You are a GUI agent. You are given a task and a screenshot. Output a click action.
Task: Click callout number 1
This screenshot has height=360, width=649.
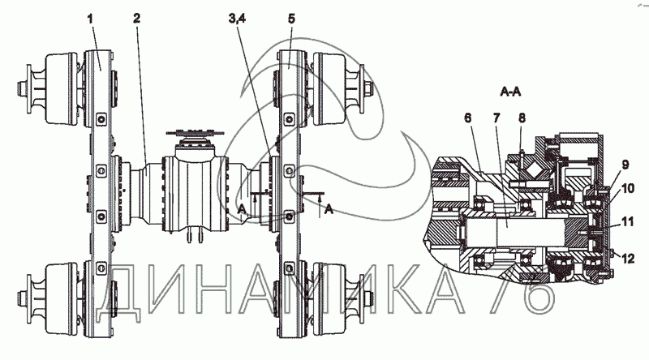[91, 19]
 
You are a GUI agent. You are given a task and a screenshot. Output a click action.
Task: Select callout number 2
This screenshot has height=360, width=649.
[136, 19]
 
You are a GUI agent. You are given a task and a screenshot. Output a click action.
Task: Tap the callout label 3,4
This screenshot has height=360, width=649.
[237, 19]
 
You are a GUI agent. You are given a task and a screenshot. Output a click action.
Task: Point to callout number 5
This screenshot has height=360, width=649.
[292, 19]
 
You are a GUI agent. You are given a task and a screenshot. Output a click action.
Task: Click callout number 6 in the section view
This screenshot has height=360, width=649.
[468, 118]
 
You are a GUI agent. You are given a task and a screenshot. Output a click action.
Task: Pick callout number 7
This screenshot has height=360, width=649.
[496, 118]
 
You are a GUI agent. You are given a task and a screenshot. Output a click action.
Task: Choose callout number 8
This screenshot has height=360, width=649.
[522, 118]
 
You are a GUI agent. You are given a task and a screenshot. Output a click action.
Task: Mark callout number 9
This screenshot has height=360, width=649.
[625, 165]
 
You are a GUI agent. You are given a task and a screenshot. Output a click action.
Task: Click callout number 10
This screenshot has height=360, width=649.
[627, 189]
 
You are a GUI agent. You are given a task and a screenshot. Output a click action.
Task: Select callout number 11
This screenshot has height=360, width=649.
[627, 222]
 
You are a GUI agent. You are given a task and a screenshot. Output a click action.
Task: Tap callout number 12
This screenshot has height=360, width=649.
[628, 259]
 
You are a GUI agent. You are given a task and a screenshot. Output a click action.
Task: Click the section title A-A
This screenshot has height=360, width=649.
[510, 92]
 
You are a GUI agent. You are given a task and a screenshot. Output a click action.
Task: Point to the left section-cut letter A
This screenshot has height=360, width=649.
[242, 209]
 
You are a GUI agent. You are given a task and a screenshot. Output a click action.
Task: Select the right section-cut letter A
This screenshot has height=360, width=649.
[329, 209]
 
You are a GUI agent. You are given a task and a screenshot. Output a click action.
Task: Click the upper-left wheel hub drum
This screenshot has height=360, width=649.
[61, 88]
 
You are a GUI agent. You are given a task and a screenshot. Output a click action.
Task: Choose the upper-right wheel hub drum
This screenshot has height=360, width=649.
[330, 88]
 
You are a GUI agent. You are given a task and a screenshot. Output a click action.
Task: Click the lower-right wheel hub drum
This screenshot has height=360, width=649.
[330, 298]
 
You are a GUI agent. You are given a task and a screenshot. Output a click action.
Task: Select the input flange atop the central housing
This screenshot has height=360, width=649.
[195, 133]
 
